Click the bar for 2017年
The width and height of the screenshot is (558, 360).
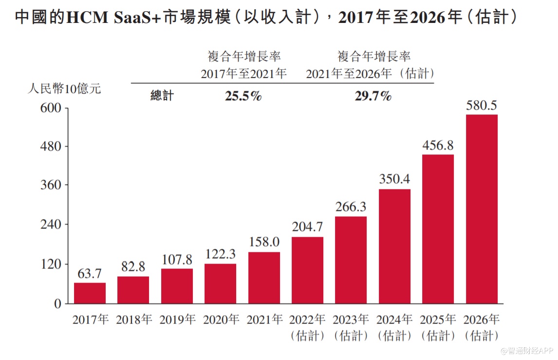point(90,293)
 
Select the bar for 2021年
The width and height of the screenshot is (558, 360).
point(264,278)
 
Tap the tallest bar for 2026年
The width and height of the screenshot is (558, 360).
point(482,209)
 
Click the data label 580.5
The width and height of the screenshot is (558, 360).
point(482,105)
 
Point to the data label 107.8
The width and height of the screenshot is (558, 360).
point(177,259)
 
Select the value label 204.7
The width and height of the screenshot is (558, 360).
point(307,227)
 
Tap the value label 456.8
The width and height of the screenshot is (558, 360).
point(438,145)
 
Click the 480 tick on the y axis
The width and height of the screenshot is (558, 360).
point(50,146)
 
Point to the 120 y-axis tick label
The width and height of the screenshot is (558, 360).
point(50,264)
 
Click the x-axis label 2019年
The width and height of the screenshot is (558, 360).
point(177,320)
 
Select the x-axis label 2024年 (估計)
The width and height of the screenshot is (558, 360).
point(394,327)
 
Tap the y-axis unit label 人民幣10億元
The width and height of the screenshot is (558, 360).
point(64,89)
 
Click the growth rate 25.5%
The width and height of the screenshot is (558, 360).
point(243,96)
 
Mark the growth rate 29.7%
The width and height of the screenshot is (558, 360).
point(373,96)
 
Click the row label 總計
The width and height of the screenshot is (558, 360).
point(162,96)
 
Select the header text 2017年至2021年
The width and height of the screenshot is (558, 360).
point(244,74)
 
